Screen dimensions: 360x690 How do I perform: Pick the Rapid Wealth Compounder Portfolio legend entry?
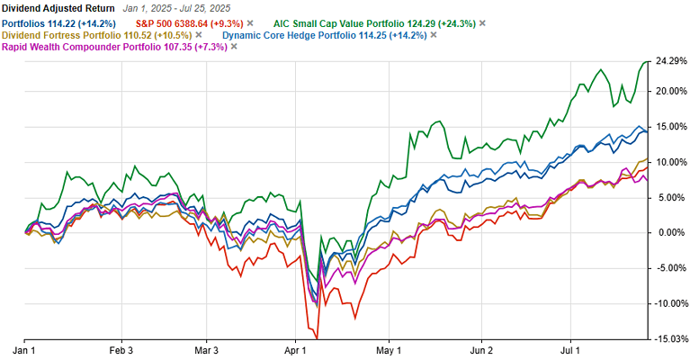(114, 46)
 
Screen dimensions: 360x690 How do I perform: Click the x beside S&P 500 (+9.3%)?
(250, 22)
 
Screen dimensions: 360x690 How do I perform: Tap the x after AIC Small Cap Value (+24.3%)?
(482, 22)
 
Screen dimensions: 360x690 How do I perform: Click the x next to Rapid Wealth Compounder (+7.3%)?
(234, 46)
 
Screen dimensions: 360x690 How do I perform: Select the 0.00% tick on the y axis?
(668, 232)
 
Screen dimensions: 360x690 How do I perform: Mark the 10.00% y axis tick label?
(669, 162)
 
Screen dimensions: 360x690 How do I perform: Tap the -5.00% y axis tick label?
(669, 267)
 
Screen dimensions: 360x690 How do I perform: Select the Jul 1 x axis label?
(573, 349)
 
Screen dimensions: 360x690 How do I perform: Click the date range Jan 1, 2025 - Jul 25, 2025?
(176, 8)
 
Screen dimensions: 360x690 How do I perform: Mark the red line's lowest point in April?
(317, 338)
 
